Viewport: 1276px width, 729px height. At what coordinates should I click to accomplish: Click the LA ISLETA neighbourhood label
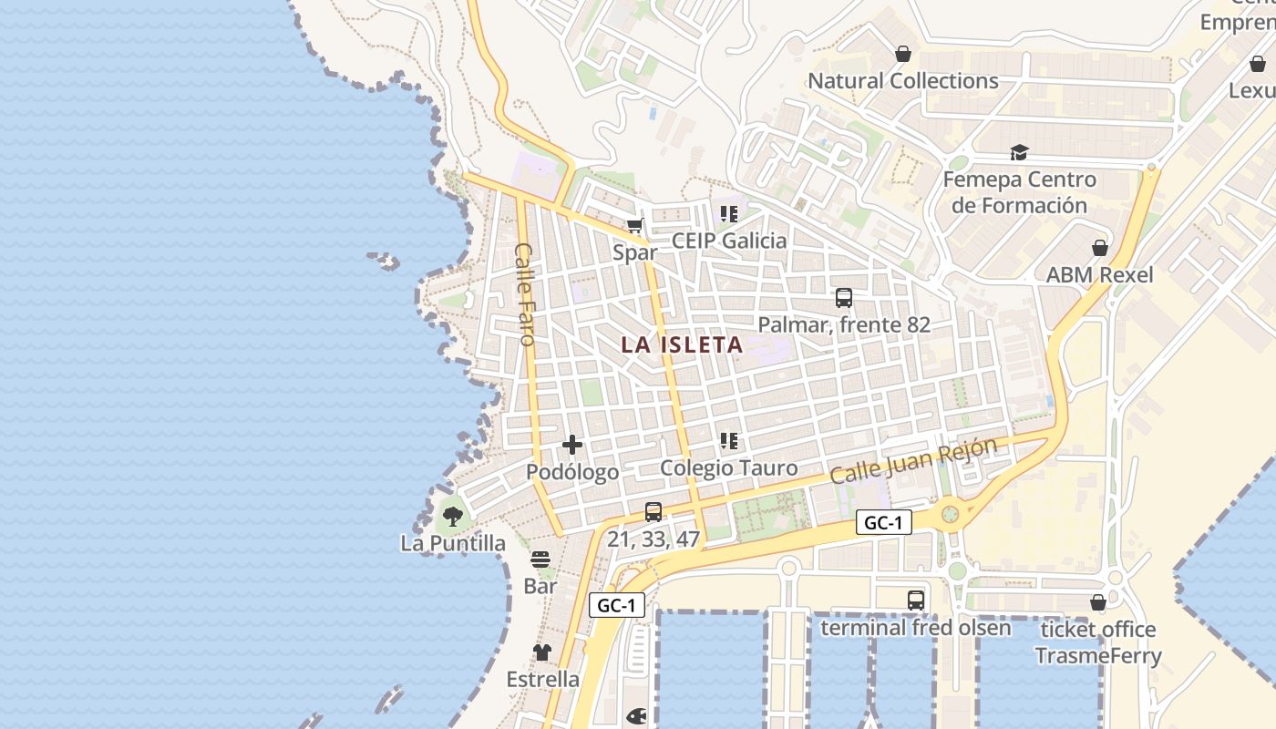click(x=682, y=345)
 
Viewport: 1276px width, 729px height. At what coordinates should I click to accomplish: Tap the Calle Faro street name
click(x=524, y=293)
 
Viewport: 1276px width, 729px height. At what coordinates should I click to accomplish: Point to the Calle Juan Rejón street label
click(x=914, y=462)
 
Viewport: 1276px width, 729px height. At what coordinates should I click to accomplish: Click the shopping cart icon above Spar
click(x=634, y=226)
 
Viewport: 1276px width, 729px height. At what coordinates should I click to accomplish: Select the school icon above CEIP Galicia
click(x=728, y=214)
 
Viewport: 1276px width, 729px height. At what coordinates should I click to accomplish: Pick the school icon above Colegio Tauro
click(x=728, y=441)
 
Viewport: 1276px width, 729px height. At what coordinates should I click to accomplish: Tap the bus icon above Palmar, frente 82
click(x=844, y=297)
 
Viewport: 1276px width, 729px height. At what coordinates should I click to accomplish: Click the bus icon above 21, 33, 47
click(x=653, y=512)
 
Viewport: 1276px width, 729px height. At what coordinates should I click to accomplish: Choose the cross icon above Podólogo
click(x=572, y=445)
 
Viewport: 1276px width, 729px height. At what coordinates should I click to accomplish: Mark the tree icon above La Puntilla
click(x=452, y=517)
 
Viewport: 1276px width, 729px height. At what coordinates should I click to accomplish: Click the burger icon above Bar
click(x=540, y=559)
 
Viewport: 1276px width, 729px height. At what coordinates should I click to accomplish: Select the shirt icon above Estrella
click(x=542, y=652)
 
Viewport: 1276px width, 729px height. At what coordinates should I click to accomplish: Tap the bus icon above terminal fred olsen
click(x=916, y=601)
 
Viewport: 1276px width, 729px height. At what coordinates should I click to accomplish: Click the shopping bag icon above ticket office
click(x=1098, y=602)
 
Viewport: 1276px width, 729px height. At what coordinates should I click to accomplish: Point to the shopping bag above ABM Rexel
click(x=1100, y=248)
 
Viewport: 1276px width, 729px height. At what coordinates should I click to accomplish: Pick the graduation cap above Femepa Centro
click(x=1019, y=153)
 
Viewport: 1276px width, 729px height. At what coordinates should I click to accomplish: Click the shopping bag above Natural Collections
click(x=903, y=55)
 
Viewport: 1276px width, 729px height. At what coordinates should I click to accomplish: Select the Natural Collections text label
click(x=903, y=81)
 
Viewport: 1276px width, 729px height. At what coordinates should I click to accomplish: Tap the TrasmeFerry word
click(x=1098, y=655)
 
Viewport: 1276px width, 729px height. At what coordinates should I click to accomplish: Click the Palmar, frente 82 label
click(x=844, y=324)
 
